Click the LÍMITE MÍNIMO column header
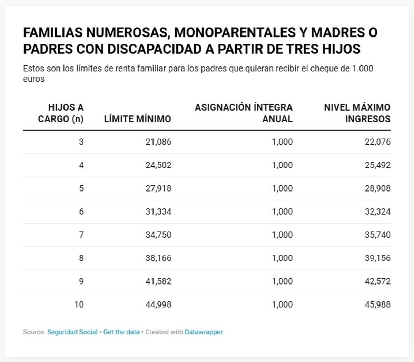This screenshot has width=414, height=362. click(137, 119)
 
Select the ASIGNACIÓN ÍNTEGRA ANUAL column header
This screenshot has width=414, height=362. click(244, 113)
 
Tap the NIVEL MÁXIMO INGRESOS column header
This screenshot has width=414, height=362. click(357, 113)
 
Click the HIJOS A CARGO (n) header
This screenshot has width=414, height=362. click(61, 113)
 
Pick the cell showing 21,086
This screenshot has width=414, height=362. click(158, 142)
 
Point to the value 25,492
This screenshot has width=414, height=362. click(378, 165)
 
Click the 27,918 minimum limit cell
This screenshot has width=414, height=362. click(158, 188)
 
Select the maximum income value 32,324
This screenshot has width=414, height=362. click(378, 211)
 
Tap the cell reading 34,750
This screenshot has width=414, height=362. click(158, 235)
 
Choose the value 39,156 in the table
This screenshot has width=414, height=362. click(378, 258)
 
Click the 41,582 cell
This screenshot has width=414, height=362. click(158, 281)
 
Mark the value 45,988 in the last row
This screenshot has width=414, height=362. click(378, 304)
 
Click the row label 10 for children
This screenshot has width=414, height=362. click(79, 304)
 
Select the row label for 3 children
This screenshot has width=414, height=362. click(81, 142)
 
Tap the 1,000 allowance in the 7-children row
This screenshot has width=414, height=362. click(282, 235)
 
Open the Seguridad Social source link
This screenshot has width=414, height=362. click(72, 332)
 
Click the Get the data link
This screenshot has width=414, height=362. click(121, 332)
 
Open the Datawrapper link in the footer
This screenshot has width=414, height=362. click(204, 332)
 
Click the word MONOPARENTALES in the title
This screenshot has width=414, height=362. click(233, 32)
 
